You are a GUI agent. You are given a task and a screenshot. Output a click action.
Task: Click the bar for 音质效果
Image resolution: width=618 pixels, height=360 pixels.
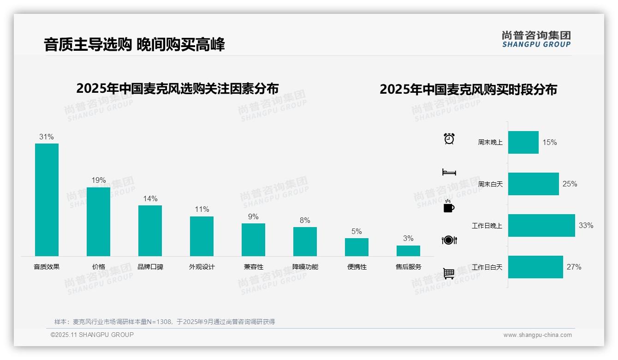[47, 199]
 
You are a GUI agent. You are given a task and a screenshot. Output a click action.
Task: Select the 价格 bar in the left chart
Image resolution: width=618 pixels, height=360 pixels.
[98, 222]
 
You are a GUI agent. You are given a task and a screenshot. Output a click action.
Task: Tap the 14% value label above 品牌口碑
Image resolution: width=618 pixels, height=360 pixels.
[150, 198]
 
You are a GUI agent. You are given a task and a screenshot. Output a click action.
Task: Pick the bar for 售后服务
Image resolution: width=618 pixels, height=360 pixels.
[408, 251]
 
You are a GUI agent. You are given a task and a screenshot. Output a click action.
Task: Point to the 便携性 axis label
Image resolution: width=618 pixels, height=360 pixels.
[357, 267]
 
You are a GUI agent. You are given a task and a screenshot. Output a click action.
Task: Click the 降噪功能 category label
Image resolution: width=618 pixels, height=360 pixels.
[305, 267]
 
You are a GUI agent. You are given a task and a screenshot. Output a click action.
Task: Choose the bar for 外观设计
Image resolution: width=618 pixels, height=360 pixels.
[202, 236]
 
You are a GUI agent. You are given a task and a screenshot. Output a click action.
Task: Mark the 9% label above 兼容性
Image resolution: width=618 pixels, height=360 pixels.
[253, 216]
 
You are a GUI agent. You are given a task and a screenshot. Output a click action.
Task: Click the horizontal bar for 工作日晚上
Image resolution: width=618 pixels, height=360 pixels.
[541, 225]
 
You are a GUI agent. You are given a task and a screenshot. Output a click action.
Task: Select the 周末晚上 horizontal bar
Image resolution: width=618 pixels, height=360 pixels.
[523, 142]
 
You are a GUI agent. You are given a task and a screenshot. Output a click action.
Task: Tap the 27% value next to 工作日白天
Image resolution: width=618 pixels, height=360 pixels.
[574, 267]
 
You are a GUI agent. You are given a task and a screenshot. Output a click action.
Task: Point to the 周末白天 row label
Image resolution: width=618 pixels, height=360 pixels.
[490, 184]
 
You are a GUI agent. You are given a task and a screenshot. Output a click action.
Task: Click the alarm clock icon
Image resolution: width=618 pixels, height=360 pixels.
[449, 138]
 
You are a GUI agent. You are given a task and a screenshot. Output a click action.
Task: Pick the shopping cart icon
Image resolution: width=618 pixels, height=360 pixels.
[449, 273]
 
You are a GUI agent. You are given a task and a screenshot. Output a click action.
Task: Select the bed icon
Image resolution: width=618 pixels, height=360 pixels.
[449, 172]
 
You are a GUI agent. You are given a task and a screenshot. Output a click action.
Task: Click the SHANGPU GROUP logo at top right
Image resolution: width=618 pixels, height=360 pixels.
[536, 39]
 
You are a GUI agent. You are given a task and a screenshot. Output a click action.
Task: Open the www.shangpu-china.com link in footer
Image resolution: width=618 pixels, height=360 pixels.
[537, 335]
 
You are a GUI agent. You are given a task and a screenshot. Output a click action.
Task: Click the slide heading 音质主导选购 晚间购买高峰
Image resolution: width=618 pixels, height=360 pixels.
[134, 45]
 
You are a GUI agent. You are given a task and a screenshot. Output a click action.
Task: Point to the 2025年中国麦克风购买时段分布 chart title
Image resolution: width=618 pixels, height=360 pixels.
[468, 89]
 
